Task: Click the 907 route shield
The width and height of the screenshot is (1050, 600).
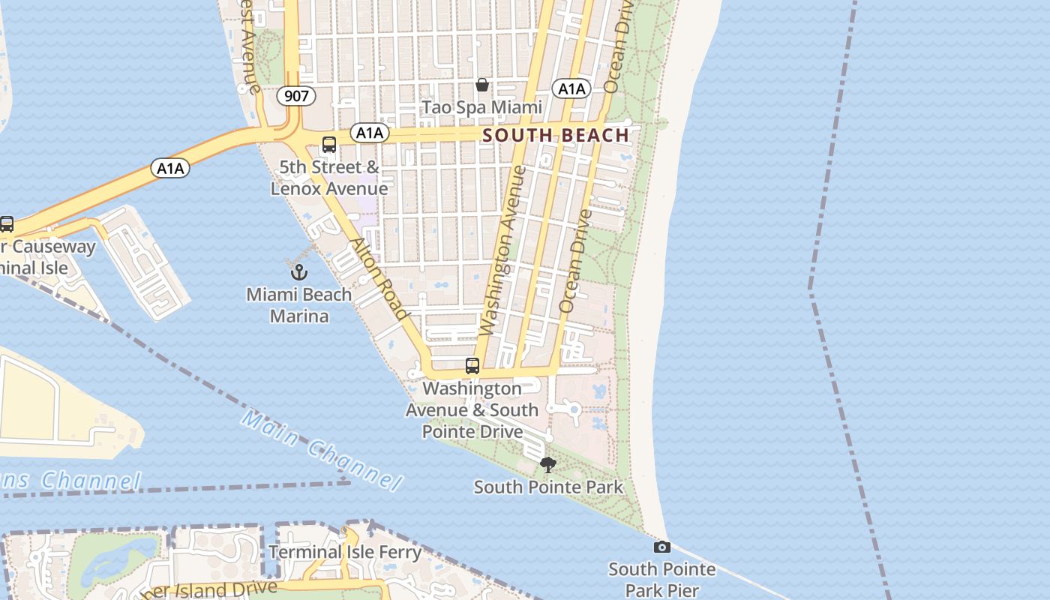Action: [295, 95]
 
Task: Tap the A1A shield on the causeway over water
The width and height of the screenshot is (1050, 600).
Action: [170, 168]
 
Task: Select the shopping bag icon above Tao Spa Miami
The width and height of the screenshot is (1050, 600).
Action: [482, 85]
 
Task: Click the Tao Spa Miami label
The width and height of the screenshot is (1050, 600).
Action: [481, 107]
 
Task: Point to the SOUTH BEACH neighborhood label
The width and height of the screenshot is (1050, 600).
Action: [556, 135]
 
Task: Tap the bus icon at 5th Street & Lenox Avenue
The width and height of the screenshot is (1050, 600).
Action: [328, 145]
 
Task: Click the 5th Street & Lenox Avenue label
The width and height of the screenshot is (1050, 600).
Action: [329, 178]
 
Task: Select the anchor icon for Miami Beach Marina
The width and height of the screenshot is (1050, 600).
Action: [298, 271]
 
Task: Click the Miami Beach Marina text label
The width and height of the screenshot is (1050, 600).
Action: [298, 304]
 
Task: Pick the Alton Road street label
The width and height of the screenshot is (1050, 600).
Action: [379, 279]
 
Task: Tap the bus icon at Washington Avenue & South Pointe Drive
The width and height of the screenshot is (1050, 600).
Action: [472, 366]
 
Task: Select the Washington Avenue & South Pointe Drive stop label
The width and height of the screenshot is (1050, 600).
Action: [472, 409]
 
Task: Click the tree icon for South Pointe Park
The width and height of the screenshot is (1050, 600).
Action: [548, 465]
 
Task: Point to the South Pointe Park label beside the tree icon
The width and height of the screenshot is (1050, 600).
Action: [548, 487]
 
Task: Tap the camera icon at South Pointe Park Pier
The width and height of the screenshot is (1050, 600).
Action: [661, 547]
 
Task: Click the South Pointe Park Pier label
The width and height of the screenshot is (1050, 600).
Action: [661, 580]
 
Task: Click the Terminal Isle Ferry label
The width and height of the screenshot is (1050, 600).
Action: [345, 553]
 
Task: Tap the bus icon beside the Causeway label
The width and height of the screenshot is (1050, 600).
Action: [7, 223]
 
